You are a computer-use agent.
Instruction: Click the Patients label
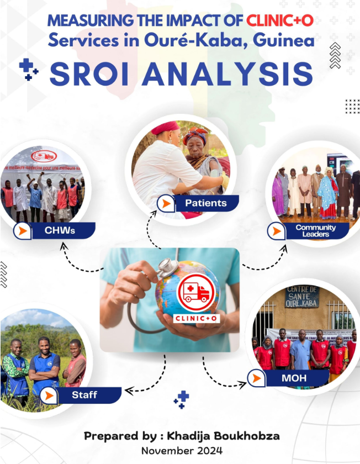(x=205, y=203)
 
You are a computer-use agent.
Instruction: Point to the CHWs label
(x=60, y=230)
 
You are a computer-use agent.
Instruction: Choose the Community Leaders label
(x=315, y=231)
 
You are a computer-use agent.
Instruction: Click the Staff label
(x=84, y=395)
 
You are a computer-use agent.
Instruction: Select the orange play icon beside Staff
(x=49, y=396)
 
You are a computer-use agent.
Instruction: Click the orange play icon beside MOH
(x=256, y=378)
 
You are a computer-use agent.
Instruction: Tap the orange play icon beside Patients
(x=165, y=204)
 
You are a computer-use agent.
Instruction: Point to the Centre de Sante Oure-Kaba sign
(x=301, y=297)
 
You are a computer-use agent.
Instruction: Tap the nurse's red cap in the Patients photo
(x=166, y=128)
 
